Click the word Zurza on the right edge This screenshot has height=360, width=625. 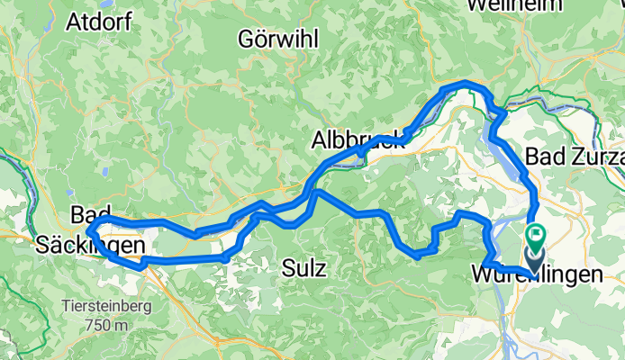598,157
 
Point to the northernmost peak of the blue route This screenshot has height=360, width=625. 466,83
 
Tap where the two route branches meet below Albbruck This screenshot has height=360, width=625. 314,191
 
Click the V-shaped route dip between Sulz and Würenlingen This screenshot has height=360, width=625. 415,255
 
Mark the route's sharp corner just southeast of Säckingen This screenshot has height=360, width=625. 141,266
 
